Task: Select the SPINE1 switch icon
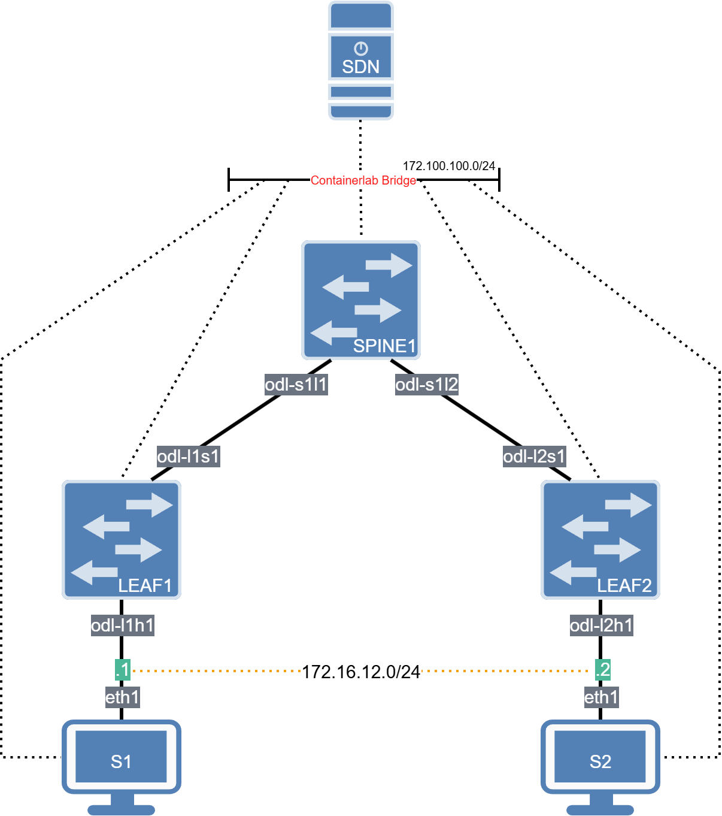tap(360, 300)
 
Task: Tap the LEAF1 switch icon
tap(122, 539)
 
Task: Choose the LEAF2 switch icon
tap(600, 539)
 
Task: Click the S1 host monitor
tap(121, 758)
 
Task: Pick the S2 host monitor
tap(600, 758)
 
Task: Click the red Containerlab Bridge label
tap(363, 180)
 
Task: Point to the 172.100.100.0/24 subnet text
tap(449, 166)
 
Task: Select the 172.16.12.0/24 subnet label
tap(360, 672)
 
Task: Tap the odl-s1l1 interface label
tap(296, 384)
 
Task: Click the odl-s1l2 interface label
tap(426, 384)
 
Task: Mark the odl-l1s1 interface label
tap(188, 457)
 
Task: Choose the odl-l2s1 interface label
tap(534, 457)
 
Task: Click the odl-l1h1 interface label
tap(122, 625)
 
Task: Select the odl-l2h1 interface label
tap(601, 625)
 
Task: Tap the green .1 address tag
tap(123, 670)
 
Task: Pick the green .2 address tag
tap(602, 670)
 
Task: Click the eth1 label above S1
tap(122, 697)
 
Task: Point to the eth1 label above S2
tap(601, 697)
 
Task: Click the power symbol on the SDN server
tap(360, 49)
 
